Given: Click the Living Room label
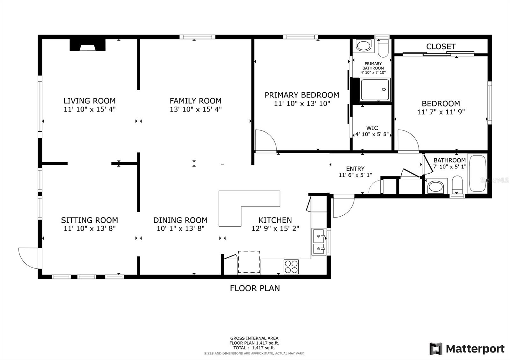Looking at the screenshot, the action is pyautogui.click(x=90, y=101).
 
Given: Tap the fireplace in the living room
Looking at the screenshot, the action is pyautogui.click(x=88, y=45).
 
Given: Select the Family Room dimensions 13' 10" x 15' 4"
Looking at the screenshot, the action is pyautogui.click(x=196, y=110).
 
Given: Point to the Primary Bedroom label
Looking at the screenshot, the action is pyautogui.click(x=302, y=95).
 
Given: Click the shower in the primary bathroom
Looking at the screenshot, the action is pyautogui.click(x=375, y=90).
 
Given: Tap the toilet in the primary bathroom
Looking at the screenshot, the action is pyautogui.click(x=383, y=48).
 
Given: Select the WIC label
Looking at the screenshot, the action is pyautogui.click(x=372, y=128).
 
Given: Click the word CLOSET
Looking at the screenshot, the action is pyautogui.click(x=441, y=47).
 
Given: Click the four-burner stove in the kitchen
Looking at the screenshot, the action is pyautogui.click(x=291, y=267).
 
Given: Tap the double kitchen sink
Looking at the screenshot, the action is pyautogui.click(x=319, y=242).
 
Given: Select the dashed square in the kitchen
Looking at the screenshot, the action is pyautogui.click(x=249, y=262).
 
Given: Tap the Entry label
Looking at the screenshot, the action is pyautogui.click(x=355, y=169).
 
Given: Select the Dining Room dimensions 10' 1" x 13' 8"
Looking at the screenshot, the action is pyautogui.click(x=180, y=228).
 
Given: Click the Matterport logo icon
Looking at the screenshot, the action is pyautogui.click(x=436, y=349).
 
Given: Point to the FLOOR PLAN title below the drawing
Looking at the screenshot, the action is pyautogui.click(x=255, y=288).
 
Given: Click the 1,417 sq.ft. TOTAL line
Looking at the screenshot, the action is pyautogui.click(x=254, y=348).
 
